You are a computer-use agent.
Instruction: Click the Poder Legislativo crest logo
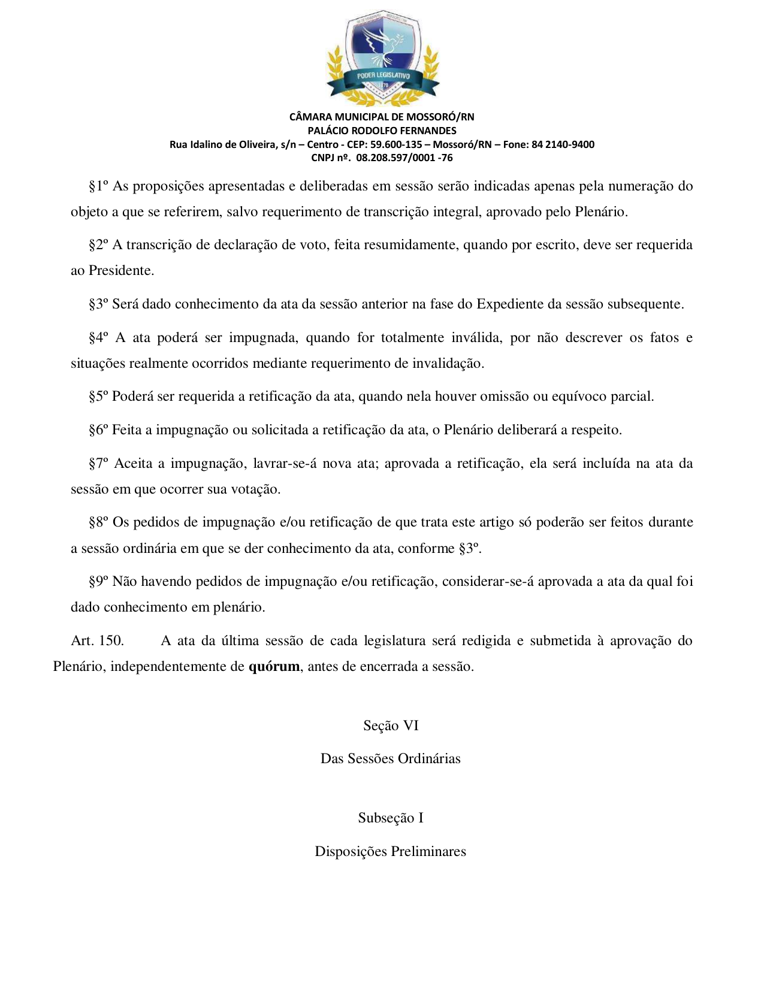[x=382, y=57]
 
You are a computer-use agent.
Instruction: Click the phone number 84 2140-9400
[x=563, y=144]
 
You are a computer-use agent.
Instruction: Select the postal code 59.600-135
[x=396, y=144]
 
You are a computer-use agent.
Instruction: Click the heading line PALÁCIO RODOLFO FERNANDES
[x=382, y=131]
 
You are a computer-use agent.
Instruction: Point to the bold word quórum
[x=274, y=667]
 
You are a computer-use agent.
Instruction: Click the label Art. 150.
[x=97, y=641]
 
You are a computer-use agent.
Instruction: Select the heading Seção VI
[x=391, y=726]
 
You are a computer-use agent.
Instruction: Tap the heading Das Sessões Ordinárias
[x=391, y=759]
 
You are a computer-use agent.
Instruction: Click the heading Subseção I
[x=391, y=818]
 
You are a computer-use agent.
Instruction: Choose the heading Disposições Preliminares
[x=391, y=852]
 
